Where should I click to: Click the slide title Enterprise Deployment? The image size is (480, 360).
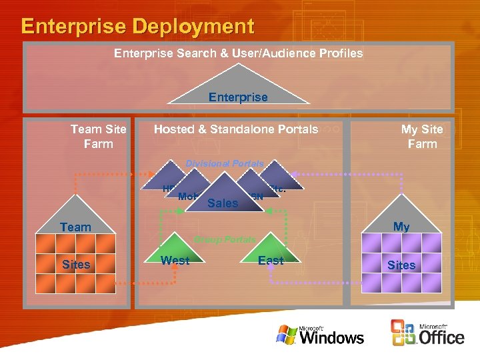tap(137, 27)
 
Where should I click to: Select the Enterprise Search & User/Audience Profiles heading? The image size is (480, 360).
tap(238, 53)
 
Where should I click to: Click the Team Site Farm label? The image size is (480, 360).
tap(98, 137)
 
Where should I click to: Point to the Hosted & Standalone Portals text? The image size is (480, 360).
tap(236, 129)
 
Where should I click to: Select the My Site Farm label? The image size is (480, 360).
tap(422, 137)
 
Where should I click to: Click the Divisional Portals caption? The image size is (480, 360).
tap(225, 163)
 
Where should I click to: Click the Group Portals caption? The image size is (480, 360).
tap(225, 239)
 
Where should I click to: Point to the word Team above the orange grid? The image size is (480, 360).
tap(75, 227)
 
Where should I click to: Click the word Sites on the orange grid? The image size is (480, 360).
tap(76, 265)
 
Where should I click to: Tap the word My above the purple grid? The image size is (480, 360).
tap(401, 227)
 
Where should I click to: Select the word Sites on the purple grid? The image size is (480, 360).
tap(401, 265)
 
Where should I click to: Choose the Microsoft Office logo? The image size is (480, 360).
tap(427, 333)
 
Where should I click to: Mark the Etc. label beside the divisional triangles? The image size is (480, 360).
tap(278, 188)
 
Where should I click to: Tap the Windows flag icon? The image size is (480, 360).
tap(287, 334)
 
